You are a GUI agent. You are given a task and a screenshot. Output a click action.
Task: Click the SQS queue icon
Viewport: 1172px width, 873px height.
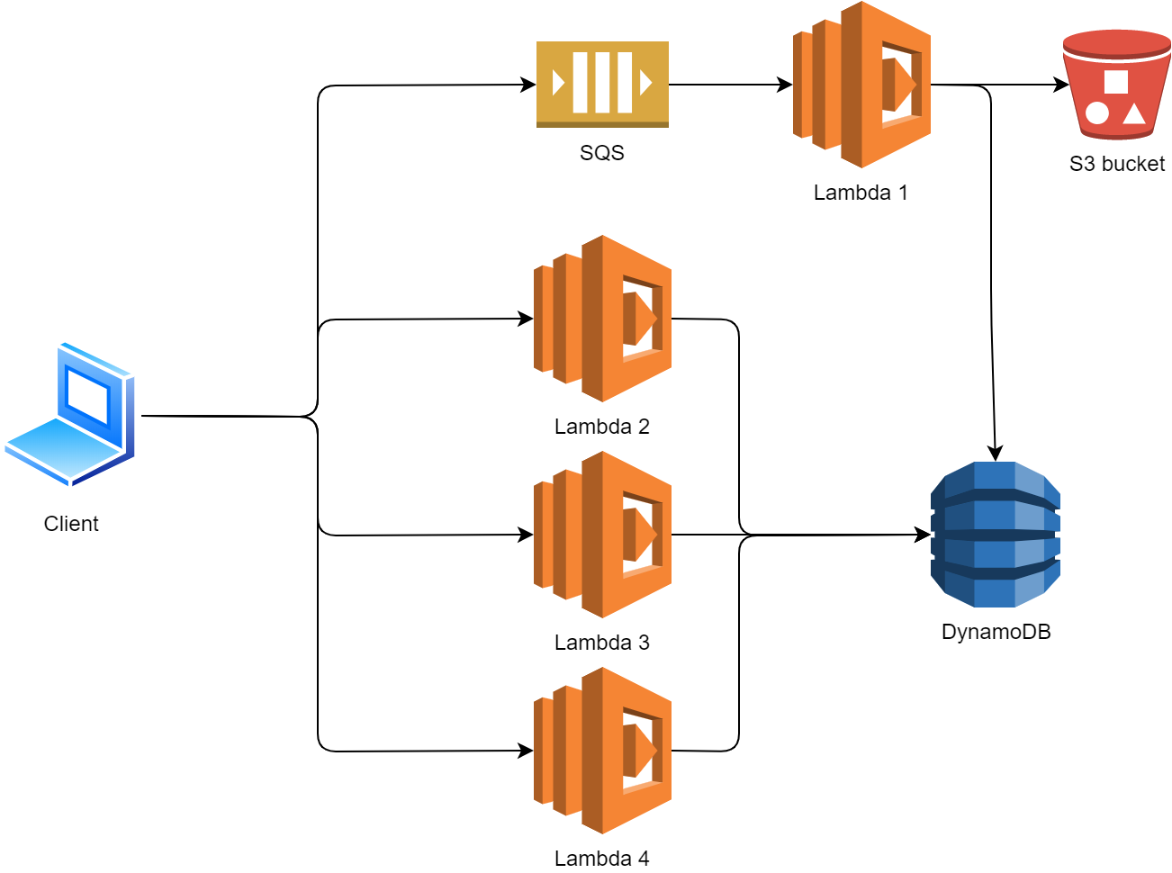[602, 85]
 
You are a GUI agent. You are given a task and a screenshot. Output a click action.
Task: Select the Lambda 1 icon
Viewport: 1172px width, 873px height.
[861, 85]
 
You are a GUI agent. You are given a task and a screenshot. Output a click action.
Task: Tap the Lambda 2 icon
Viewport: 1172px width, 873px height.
[602, 319]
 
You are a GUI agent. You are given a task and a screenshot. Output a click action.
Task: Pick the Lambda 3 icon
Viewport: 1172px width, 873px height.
[602, 535]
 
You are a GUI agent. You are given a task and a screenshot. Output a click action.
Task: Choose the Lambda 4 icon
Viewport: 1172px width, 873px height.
[602, 751]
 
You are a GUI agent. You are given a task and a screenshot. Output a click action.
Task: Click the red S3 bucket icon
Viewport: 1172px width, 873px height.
[1116, 85]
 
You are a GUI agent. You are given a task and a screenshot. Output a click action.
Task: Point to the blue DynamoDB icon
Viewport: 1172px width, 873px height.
[996, 535]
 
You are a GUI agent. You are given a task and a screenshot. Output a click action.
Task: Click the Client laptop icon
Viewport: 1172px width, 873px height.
[70, 414]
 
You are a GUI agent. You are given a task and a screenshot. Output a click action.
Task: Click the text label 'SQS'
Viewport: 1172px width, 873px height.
[602, 153]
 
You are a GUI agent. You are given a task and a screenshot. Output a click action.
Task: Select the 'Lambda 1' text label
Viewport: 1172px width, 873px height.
[861, 193]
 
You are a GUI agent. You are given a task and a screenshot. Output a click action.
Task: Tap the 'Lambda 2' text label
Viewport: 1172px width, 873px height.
[602, 427]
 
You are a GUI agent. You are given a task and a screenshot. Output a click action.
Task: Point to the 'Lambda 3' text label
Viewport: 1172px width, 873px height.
[602, 643]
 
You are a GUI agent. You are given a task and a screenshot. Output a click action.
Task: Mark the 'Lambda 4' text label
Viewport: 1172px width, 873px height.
[602, 859]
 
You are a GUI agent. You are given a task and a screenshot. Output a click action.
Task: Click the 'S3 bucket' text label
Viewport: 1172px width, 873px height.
[1117, 164]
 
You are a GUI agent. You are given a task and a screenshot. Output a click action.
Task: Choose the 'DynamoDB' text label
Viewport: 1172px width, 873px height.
[996, 632]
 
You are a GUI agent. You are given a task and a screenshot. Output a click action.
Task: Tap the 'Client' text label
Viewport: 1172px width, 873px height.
[71, 524]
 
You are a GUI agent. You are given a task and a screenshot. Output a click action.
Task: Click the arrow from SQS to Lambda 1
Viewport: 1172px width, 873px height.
[729, 85]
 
